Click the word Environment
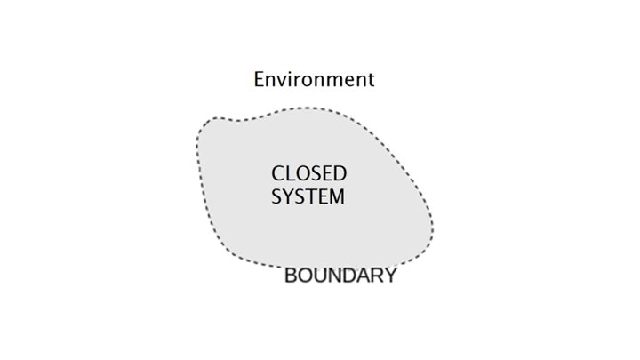[x=314, y=79]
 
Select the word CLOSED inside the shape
[x=308, y=172]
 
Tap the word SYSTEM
[x=308, y=196]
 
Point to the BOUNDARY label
[x=340, y=276]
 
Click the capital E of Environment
[x=260, y=79]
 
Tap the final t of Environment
[x=370, y=79]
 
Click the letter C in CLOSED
[x=277, y=172]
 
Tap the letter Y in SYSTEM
[x=287, y=196]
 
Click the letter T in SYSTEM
[x=310, y=196]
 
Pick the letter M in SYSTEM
[x=335, y=196]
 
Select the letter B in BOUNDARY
[x=291, y=276]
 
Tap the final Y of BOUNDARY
[x=389, y=276]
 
